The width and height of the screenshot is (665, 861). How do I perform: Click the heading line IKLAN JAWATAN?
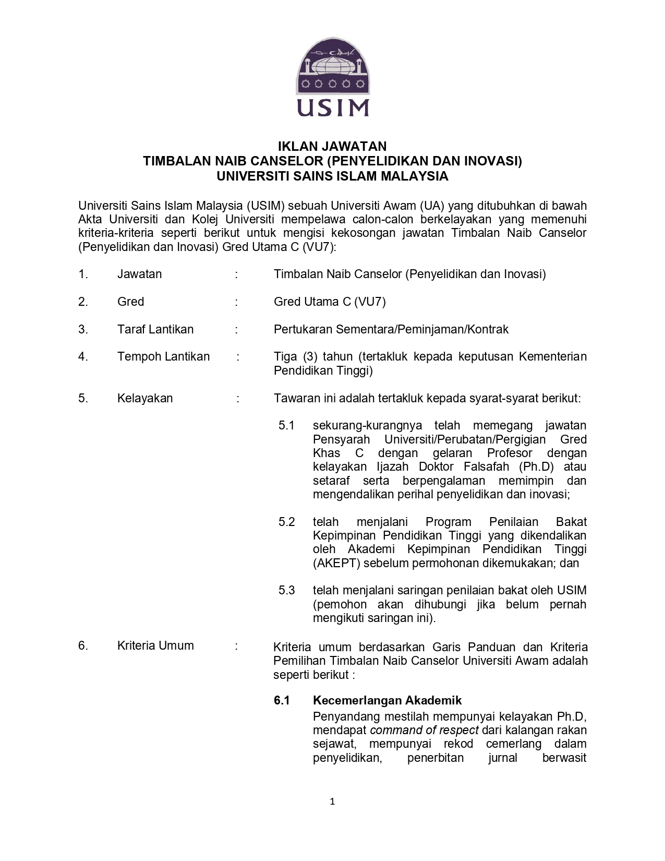tap(332, 146)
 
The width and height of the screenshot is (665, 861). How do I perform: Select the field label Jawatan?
tap(139, 274)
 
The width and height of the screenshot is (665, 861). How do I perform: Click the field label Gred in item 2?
tap(130, 302)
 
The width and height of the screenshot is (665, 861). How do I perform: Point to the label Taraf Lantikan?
tap(155, 329)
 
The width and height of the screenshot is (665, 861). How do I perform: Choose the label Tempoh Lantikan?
tap(163, 356)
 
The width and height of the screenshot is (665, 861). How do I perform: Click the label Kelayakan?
tap(145, 398)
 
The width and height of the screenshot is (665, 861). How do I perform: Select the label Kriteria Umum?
tap(155, 645)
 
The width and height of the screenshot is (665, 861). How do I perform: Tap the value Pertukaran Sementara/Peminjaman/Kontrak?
tap(391, 329)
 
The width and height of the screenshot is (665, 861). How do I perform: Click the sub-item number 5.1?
tap(286, 425)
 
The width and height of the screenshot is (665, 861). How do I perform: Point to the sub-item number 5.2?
tap(286, 522)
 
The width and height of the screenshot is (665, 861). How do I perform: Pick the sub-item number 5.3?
tap(286, 590)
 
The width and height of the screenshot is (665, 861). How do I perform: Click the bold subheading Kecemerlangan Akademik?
tap(387, 700)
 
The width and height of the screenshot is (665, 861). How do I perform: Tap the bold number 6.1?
tap(282, 700)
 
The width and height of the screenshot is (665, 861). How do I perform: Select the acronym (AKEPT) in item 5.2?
tap(336, 563)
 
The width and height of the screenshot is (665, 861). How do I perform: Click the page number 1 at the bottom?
tap(332, 802)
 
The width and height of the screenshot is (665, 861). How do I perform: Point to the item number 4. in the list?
tap(83, 356)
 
